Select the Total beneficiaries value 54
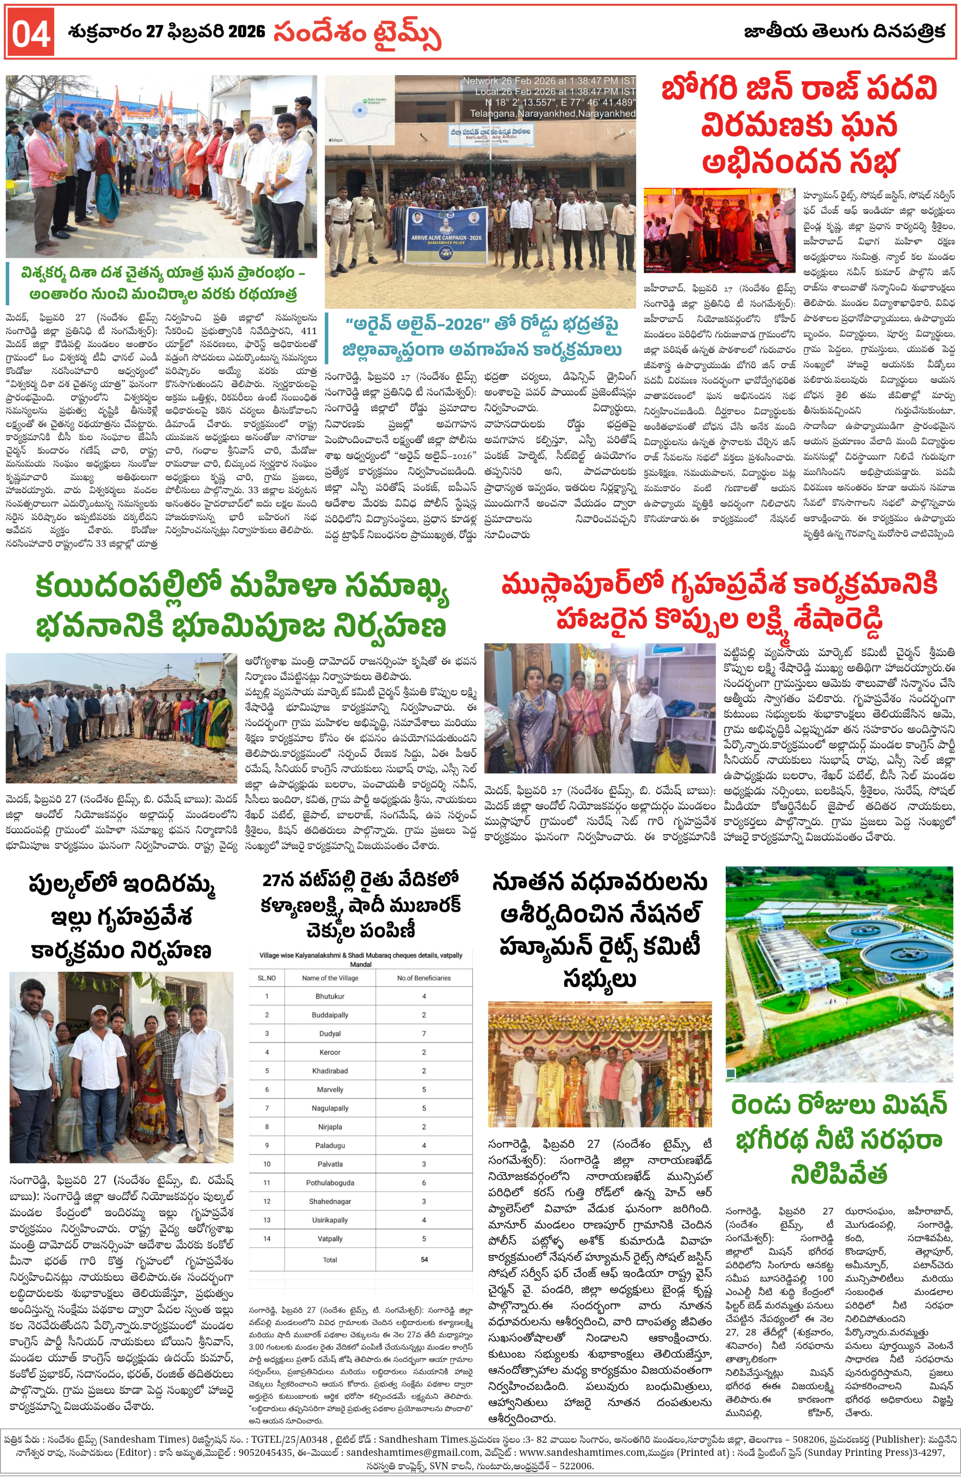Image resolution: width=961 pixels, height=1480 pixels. (424, 1259)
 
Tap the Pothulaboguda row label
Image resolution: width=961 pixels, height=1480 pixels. (330, 1183)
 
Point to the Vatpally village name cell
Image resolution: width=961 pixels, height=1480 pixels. (330, 1239)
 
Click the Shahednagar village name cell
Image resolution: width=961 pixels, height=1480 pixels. (330, 1201)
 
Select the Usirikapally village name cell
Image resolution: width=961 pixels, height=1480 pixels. (330, 1220)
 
